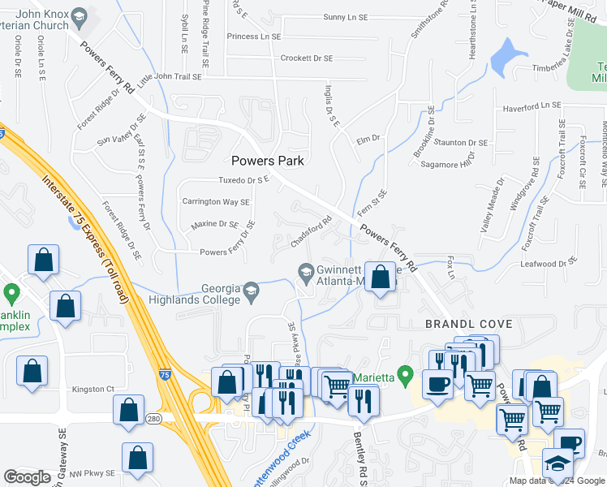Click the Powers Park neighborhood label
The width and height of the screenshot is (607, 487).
coord(268,161)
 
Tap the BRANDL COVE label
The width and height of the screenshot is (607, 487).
coord(469,324)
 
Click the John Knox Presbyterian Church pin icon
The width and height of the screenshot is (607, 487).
coord(80,15)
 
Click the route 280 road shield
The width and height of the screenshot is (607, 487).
coord(154,417)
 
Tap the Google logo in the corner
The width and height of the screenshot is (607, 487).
coord(27,477)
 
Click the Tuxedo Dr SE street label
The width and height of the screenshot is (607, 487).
coord(244,180)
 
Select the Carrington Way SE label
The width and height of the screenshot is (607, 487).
coord(216,201)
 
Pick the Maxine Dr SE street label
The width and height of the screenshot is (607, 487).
coord(215,224)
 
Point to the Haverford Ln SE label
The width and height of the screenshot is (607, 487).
coord(532,106)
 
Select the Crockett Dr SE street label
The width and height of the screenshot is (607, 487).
coord(307,58)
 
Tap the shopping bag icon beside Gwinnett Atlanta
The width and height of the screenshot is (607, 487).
coord(380,278)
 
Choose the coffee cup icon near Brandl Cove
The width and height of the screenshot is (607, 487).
coord(437,384)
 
